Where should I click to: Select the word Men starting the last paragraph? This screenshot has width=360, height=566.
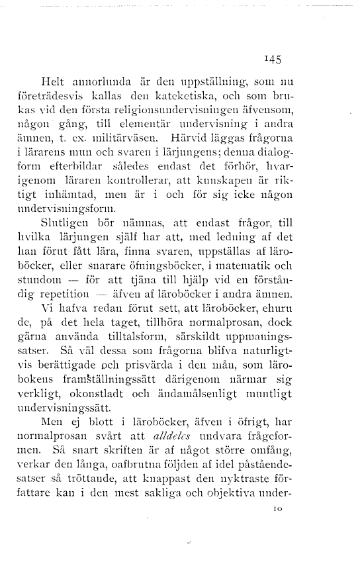click(52, 424)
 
